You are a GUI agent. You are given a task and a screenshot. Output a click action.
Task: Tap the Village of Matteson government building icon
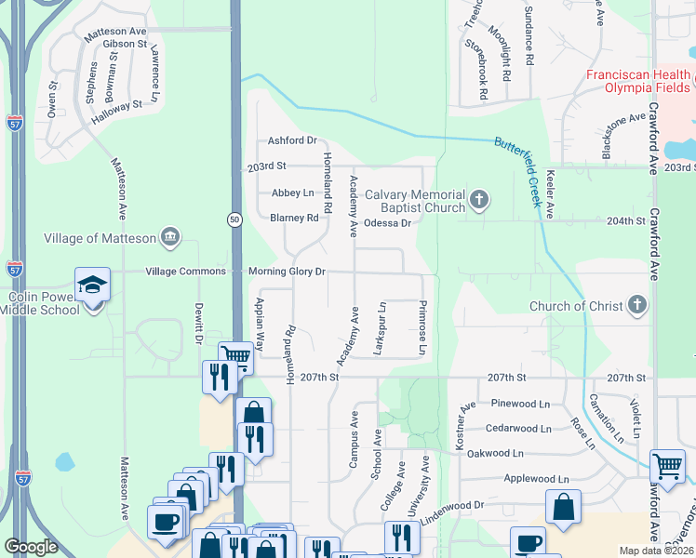point(169,237)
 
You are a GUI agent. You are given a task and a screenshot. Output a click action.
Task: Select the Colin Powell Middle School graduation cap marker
point(93,286)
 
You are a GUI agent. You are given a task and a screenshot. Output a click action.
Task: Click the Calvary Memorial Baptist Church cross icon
point(478,200)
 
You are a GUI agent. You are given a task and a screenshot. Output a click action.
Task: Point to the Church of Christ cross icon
point(636,305)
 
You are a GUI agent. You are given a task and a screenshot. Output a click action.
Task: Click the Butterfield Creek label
point(524,164)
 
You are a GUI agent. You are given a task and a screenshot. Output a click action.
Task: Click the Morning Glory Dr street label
point(287,272)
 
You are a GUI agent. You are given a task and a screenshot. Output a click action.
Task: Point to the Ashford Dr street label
point(292,140)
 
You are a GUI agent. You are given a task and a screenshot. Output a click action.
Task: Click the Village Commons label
point(185,272)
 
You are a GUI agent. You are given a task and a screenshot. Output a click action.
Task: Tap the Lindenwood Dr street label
point(453,510)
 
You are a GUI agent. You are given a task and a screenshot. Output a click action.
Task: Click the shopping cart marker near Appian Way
point(235,356)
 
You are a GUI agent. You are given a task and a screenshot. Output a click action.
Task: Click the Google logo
point(32,548)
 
